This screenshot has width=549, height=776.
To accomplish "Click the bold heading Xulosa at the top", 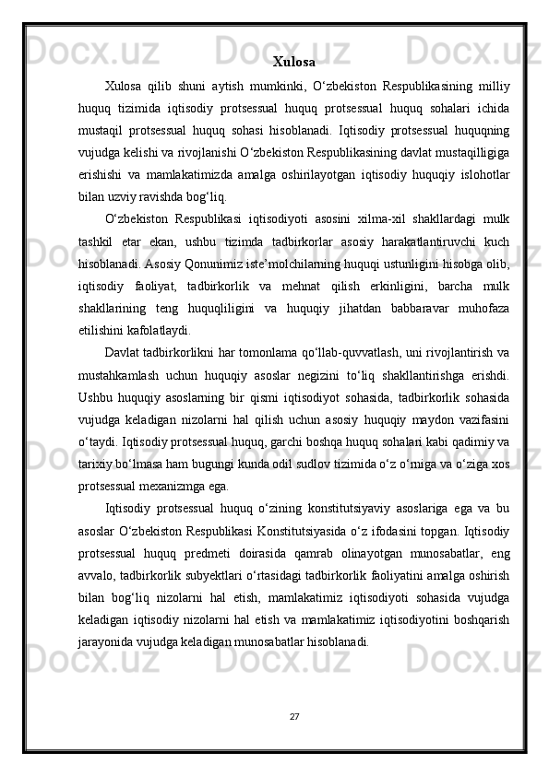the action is (x=294, y=63).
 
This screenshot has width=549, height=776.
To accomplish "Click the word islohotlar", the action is (x=480, y=174).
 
